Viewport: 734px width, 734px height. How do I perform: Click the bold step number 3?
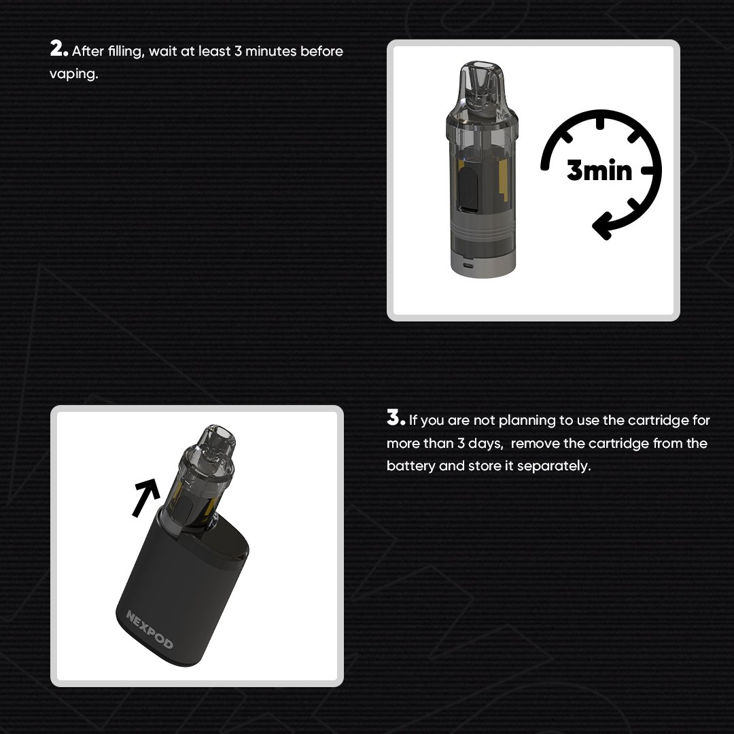(x=395, y=418)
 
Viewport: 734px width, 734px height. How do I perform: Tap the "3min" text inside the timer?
(x=599, y=170)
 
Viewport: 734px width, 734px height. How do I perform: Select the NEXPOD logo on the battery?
(x=150, y=629)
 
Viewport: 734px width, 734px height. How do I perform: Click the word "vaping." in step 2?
(x=73, y=74)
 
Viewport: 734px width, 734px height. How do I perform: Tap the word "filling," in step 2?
(x=126, y=52)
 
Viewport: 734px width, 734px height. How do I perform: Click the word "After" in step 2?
(x=86, y=52)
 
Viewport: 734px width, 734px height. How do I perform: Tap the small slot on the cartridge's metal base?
(x=466, y=264)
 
